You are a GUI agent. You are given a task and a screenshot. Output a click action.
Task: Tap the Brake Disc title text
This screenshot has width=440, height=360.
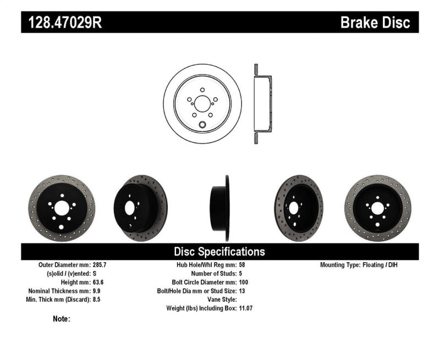click(x=375, y=23)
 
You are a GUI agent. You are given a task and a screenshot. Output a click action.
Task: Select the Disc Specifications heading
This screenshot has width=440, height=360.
click(x=219, y=252)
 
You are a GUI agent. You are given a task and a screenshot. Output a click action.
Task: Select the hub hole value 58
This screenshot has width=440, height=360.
click(x=243, y=265)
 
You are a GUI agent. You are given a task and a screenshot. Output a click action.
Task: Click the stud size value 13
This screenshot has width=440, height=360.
click(x=243, y=291)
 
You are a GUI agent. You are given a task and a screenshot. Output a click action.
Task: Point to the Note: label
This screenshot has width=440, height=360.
click(x=62, y=319)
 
